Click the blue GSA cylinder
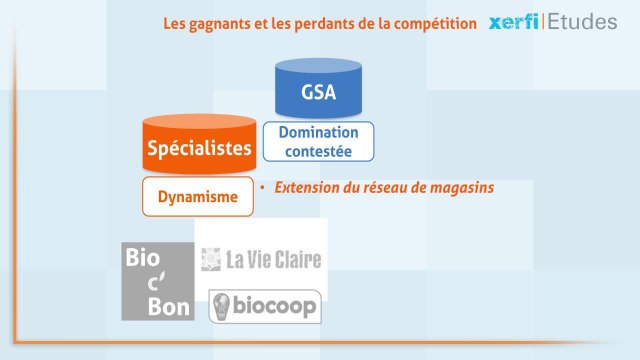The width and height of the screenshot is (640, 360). (x=317, y=92)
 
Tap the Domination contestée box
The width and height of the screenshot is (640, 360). (x=317, y=143)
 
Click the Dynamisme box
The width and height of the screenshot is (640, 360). (x=198, y=197)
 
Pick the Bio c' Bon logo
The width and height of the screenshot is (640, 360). (x=157, y=281)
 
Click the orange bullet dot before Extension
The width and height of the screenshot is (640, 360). (x=262, y=188)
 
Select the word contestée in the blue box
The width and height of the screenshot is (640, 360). (x=317, y=152)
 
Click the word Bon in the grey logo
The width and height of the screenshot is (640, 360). (x=158, y=306)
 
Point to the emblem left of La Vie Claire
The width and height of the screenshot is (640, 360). (x=211, y=260)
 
